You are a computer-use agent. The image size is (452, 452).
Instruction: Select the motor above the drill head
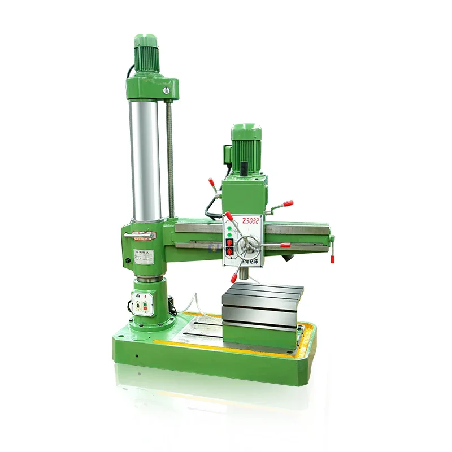[246, 144]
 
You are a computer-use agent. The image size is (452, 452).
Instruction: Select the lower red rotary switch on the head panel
[229, 252]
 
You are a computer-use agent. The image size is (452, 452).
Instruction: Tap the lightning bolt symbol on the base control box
[147, 295]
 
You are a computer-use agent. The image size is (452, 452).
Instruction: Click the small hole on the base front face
[136, 357]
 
